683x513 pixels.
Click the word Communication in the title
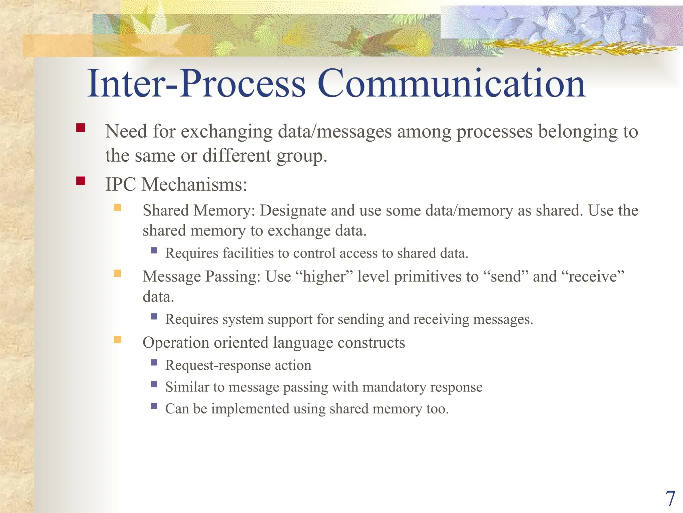tap(451, 83)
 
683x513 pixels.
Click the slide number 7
tap(670, 499)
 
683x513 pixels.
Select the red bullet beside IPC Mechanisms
tap(81, 181)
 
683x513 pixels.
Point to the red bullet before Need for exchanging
tap(81, 128)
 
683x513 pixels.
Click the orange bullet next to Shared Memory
tap(117, 208)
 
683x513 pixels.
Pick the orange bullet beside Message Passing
tap(117, 274)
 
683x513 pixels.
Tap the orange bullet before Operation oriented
tap(117, 340)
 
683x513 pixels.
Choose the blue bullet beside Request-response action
tap(154, 362)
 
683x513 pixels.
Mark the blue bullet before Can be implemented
tap(154, 406)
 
